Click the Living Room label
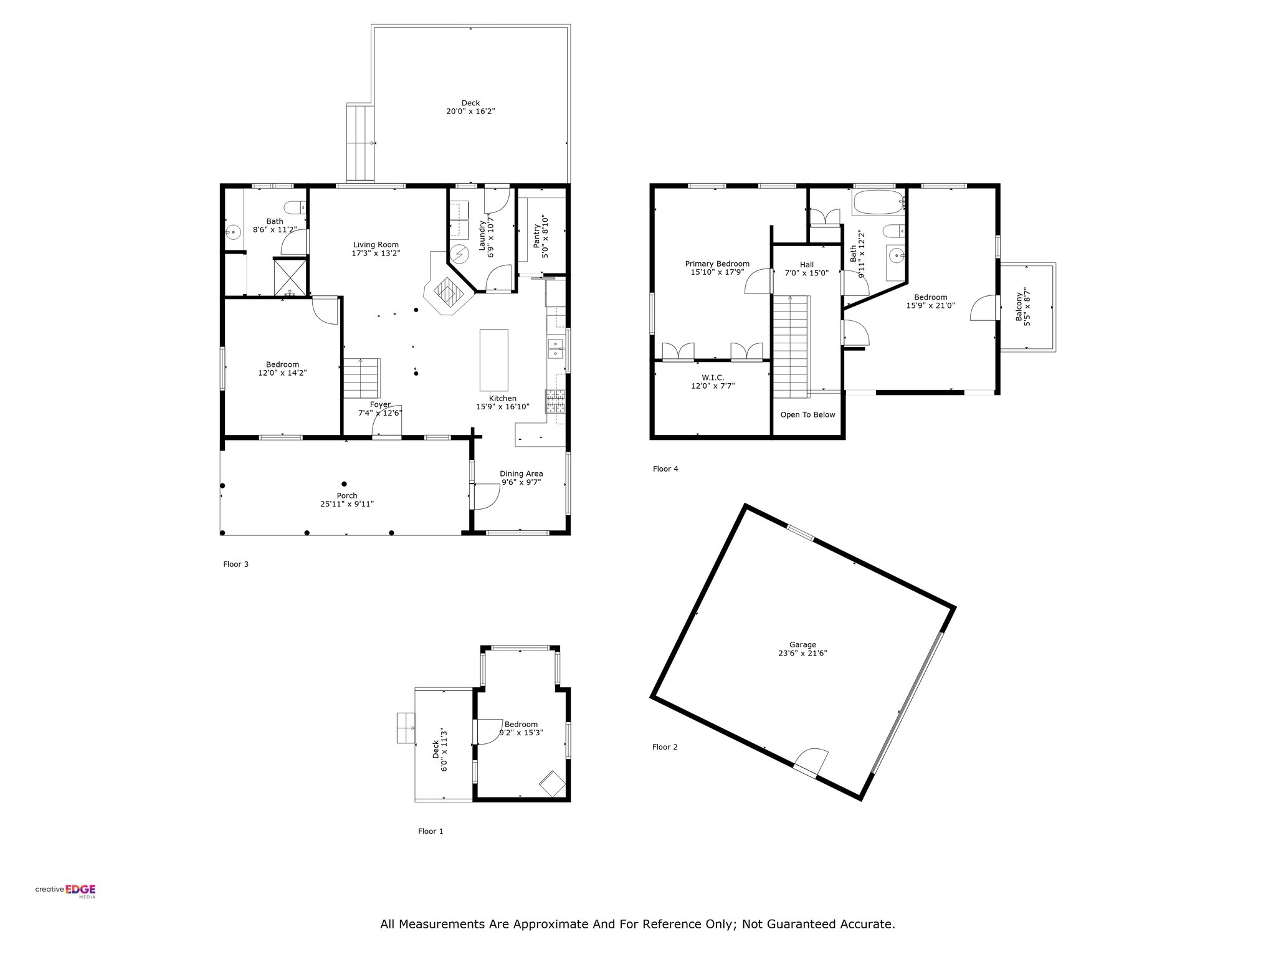pyautogui.click(x=376, y=245)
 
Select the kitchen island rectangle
pyautogui.click(x=493, y=360)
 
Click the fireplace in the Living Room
pyautogui.click(x=448, y=292)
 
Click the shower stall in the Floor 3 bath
pyautogui.click(x=290, y=277)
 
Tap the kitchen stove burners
pyautogui.click(x=556, y=401)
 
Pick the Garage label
pyautogui.click(x=802, y=645)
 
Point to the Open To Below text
pyautogui.click(x=807, y=415)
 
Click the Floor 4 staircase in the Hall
pyautogui.click(x=791, y=346)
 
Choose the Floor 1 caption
pyautogui.click(x=431, y=831)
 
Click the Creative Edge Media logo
pyautogui.click(x=65, y=891)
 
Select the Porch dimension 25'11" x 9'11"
pyautogui.click(x=347, y=504)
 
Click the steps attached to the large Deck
pyautogui.click(x=359, y=143)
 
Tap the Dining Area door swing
pyautogui.click(x=486, y=497)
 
